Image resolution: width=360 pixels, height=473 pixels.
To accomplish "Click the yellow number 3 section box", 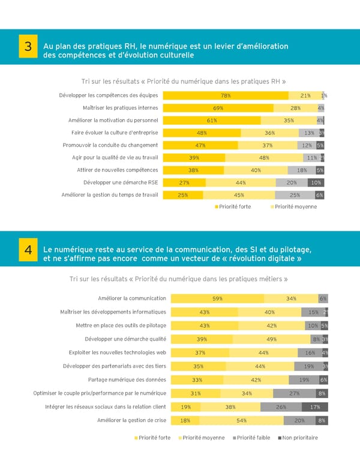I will (28, 47).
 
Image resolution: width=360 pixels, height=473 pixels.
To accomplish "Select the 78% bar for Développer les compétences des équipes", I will (226, 95).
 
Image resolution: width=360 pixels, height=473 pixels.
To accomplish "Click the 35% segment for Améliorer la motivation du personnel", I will (289, 120).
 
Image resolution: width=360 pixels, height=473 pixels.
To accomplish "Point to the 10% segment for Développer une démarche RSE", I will (316, 182).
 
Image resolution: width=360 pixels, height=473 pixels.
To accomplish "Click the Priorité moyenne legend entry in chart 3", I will (293, 206).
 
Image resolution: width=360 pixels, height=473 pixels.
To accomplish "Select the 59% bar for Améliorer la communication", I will (217, 299).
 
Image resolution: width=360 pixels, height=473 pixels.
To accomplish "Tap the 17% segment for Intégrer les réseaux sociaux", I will (314, 407).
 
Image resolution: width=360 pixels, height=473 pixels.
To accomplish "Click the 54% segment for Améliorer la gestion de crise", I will (242, 420).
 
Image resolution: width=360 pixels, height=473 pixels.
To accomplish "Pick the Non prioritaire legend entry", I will (298, 438).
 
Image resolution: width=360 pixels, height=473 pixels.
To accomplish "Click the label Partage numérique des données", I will (127, 379).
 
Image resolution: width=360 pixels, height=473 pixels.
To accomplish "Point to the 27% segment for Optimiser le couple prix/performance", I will (294, 393).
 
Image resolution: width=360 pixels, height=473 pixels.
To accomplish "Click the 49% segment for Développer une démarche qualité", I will (271, 339).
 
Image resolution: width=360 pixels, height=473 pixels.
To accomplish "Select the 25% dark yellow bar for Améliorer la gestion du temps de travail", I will (183, 195).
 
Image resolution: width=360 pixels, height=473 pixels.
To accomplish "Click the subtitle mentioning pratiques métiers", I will (178, 279).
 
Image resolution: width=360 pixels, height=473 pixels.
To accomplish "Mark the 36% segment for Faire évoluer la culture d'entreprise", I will (269, 133).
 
